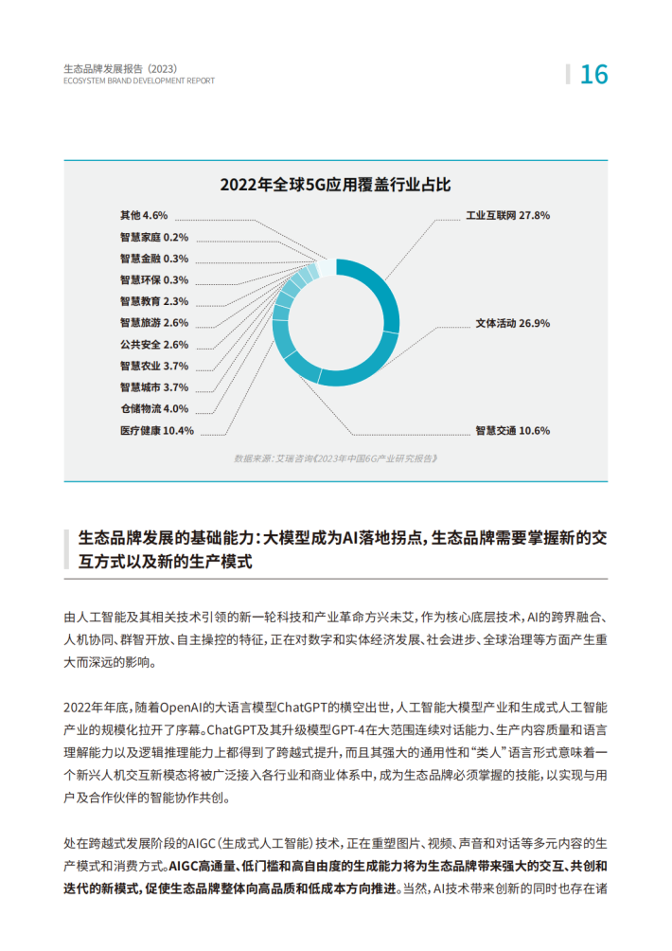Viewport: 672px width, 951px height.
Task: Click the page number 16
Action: [593, 74]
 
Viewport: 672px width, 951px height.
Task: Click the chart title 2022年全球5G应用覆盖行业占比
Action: [335, 184]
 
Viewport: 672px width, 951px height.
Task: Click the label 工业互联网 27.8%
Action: [507, 216]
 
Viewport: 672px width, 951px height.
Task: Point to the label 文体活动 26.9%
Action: [512, 323]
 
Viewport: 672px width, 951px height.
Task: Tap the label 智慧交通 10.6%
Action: [512, 430]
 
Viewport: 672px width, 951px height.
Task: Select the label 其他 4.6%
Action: [144, 216]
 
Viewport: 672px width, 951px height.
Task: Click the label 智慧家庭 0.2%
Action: [154, 237]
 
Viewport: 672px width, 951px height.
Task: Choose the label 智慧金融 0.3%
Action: [154, 259]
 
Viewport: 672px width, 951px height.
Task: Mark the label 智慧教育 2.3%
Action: [154, 301]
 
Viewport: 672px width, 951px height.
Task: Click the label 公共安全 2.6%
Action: [154, 345]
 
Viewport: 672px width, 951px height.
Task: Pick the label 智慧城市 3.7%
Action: [154, 387]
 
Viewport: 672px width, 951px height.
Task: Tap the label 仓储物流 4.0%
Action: [154, 408]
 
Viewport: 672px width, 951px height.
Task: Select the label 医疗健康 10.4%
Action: [157, 430]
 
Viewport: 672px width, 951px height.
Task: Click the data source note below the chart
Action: [336, 458]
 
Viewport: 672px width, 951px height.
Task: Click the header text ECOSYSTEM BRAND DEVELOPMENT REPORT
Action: [138, 81]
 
